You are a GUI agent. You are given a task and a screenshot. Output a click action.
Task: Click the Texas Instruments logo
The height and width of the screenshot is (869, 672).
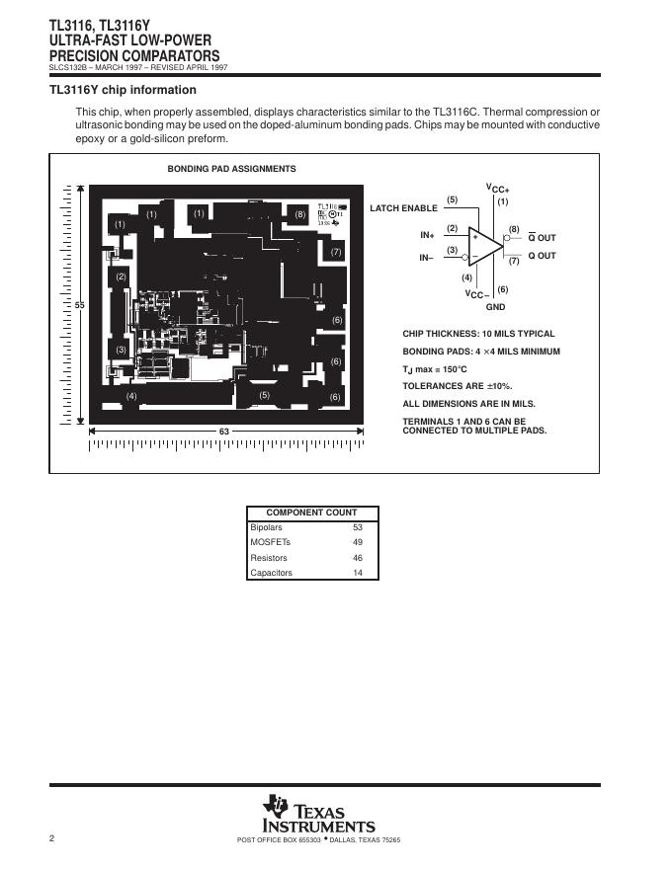tap(318, 815)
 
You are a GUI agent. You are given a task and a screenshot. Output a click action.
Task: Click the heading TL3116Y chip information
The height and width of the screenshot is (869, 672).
tap(123, 90)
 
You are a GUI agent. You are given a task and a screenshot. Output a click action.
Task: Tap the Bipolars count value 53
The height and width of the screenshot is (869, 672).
tap(358, 527)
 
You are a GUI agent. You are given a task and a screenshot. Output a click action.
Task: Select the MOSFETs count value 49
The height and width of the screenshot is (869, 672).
tap(358, 542)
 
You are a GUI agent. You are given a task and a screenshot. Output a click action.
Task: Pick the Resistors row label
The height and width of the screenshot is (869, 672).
tap(269, 558)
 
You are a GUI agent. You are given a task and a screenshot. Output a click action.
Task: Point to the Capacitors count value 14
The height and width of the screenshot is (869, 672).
tap(358, 573)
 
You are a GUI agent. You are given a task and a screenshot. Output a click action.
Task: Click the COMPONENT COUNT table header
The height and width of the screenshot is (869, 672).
tap(312, 513)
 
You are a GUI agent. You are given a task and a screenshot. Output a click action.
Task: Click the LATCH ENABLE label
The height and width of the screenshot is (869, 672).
tap(403, 208)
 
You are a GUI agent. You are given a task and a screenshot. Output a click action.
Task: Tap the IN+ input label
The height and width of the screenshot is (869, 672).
tap(428, 235)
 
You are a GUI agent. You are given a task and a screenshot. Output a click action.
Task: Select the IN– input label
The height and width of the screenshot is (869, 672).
tap(427, 257)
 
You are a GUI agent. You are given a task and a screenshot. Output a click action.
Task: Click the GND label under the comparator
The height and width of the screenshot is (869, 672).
tap(495, 308)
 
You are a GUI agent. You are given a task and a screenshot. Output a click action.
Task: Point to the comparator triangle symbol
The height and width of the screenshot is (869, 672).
tap(485, 246)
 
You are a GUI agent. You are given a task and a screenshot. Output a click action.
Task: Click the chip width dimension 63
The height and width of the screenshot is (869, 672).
tap(224, 432)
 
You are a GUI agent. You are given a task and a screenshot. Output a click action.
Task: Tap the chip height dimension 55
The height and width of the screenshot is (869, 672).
tap(81, 305)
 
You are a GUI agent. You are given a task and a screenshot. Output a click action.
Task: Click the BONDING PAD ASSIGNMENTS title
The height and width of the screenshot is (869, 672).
tap(231, 169)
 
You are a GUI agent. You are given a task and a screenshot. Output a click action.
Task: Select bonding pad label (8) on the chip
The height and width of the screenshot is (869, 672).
tap(300, 214)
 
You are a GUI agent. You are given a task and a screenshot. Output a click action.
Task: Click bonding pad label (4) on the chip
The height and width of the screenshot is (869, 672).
tap(131, 396)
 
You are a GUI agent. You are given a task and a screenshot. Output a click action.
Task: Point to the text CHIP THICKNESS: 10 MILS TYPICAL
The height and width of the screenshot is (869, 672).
tap(478, 334)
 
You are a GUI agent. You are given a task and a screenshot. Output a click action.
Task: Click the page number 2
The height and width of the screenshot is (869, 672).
tap(51, 838)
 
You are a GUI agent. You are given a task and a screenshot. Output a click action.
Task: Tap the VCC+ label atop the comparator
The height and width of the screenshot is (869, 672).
tap(497, 188)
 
